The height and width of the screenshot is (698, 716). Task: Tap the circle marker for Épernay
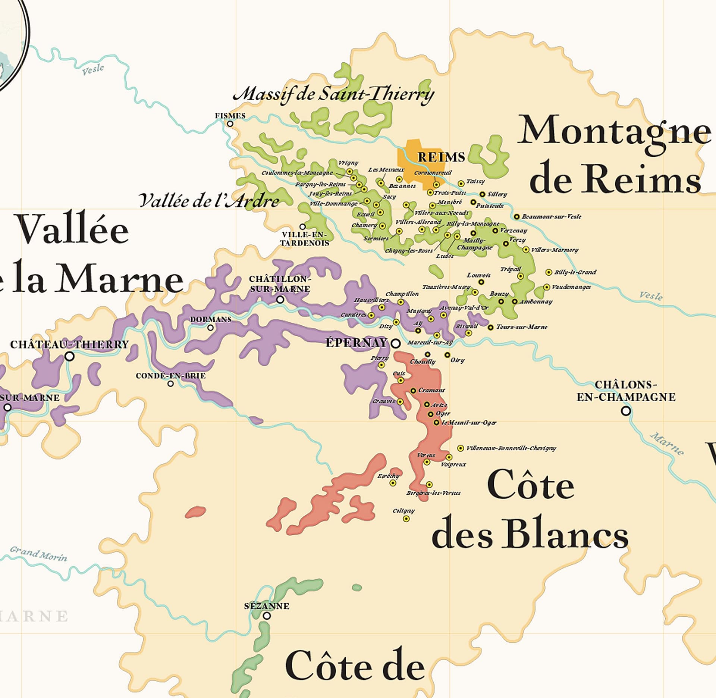(396, 343)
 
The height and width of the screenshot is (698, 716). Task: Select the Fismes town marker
(230, 124)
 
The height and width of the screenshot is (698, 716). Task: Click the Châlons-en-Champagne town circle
(626, 411)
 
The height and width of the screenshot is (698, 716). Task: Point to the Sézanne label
(267, 606)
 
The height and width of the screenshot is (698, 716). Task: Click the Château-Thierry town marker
(69, 356)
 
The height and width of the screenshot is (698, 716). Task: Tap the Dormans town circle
(210, 328)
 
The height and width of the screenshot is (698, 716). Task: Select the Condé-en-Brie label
(170, 376)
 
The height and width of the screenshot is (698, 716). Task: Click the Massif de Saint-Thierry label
(333, 94)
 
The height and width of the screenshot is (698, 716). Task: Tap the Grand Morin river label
(38, 554)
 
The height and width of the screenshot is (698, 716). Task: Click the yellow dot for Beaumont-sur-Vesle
(516, 217)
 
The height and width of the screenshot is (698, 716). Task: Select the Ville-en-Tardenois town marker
(302, 226)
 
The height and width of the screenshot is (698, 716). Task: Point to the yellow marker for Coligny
(406, 519)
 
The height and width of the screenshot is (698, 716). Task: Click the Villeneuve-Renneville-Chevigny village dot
(461, 448)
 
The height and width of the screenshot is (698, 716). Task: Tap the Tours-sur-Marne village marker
(491, 327)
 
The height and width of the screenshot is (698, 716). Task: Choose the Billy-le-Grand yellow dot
(549, 272)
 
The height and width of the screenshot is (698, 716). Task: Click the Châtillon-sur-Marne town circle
(280, 299)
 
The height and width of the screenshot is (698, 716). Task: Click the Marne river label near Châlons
(667, 444)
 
